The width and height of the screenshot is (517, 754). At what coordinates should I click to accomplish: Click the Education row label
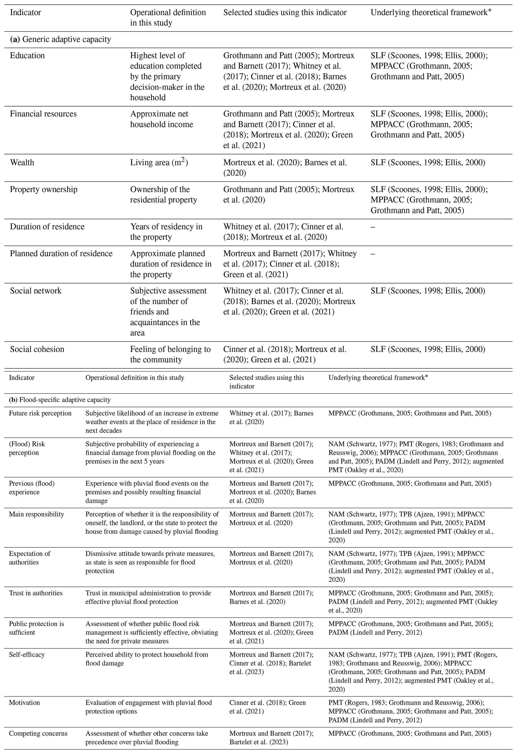tap(27, 56)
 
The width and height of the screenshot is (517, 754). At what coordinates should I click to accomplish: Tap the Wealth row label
tap(22, 163)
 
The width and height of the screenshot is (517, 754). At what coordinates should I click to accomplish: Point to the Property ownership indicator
tap(44, 189)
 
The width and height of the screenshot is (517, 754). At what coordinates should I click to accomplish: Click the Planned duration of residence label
tap(61, 253)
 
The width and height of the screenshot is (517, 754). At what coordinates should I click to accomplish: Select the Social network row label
tap(36, 291)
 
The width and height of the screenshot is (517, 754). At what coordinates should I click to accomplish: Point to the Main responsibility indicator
tap(36, 514)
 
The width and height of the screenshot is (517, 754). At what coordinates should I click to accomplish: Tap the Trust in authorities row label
tap(36, 593)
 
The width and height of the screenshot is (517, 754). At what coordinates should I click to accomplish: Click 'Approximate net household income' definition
tap(162, 119)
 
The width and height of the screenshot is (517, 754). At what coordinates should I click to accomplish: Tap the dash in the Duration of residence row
tap(373, 227)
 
